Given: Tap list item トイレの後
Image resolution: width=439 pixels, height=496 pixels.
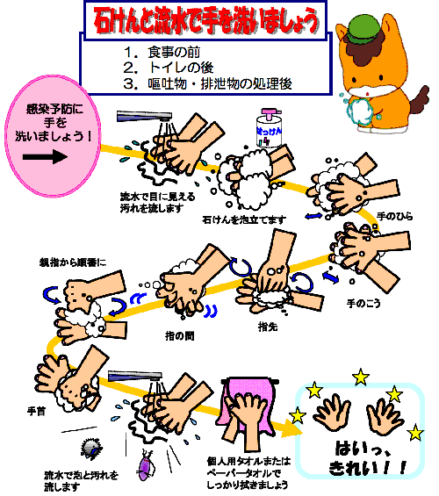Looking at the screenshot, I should (181, 67).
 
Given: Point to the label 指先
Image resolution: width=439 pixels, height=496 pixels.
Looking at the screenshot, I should (269, 327).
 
